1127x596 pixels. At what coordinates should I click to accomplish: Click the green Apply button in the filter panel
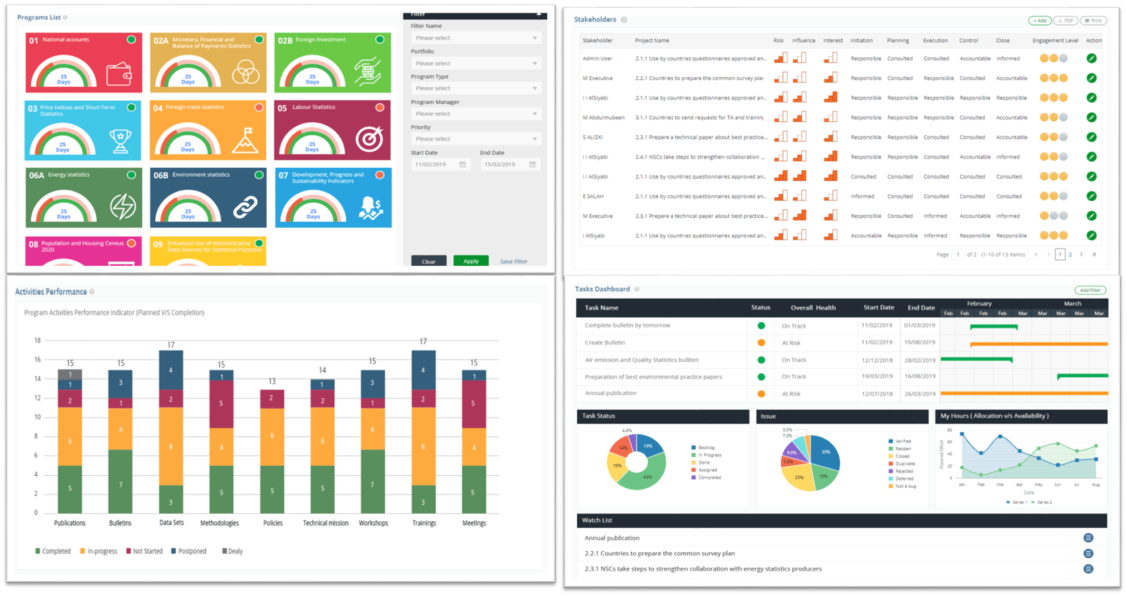tap(471, 261)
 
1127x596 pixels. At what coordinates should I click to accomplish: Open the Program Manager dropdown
tap(475, 114)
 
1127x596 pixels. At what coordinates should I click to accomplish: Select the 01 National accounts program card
tap(84, 62)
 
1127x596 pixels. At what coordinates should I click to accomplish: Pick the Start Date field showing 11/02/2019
tap(440, 165)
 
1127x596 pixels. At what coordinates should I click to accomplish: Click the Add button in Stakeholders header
tap(1040, 21)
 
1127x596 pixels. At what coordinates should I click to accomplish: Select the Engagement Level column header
tap(1055, 41)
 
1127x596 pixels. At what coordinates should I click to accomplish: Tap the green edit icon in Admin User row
tap(1091, 58)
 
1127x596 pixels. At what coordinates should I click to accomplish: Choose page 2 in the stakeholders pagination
tap(1070, 255)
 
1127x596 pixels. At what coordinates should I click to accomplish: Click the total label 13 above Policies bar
tap(272, 381)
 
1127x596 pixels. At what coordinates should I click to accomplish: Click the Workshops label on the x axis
tap(373, 523)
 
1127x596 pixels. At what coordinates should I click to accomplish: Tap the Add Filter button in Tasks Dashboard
tap(1090, 290)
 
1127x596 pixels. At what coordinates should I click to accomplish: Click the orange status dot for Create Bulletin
tap(762, 343)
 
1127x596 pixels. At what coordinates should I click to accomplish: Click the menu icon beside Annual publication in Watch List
tap(1088, 538)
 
